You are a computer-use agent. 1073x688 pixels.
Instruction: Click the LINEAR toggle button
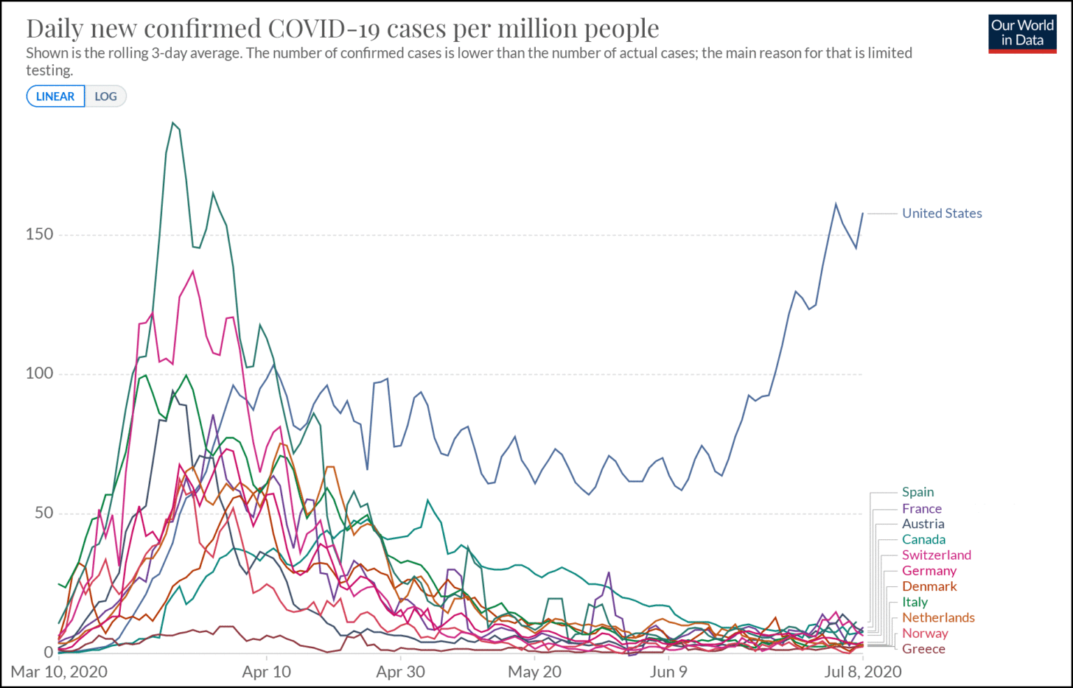(55, 96)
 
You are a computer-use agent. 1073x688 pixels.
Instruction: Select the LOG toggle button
(105, 96)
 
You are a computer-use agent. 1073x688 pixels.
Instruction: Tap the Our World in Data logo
(1022, 33)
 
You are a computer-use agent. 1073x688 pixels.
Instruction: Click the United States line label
(942, 214)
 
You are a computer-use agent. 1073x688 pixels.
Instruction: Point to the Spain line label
(917, 493)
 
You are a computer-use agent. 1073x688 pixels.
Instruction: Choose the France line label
(921, 509)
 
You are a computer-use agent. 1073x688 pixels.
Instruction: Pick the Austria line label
(923, 524)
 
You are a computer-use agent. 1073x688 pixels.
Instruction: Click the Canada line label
(924, 539)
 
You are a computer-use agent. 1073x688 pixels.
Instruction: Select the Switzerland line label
(936, 555)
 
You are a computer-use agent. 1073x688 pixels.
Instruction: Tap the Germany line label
(928, 571)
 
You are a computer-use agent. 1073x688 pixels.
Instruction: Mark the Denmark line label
(929, 587)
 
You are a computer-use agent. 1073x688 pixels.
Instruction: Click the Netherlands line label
(938, 618)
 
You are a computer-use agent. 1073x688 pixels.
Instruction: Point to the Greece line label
(924, 649)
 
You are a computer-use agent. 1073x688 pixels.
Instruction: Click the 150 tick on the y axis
(39, 234)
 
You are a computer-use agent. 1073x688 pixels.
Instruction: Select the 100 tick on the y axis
(39, 373)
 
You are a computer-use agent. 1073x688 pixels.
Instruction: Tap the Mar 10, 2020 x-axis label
(59, 672)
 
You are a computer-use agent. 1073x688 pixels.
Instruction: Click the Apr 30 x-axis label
(400, 672)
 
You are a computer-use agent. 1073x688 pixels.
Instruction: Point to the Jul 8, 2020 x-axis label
(863, 672)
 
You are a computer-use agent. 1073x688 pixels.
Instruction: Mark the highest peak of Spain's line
(173, 123)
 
